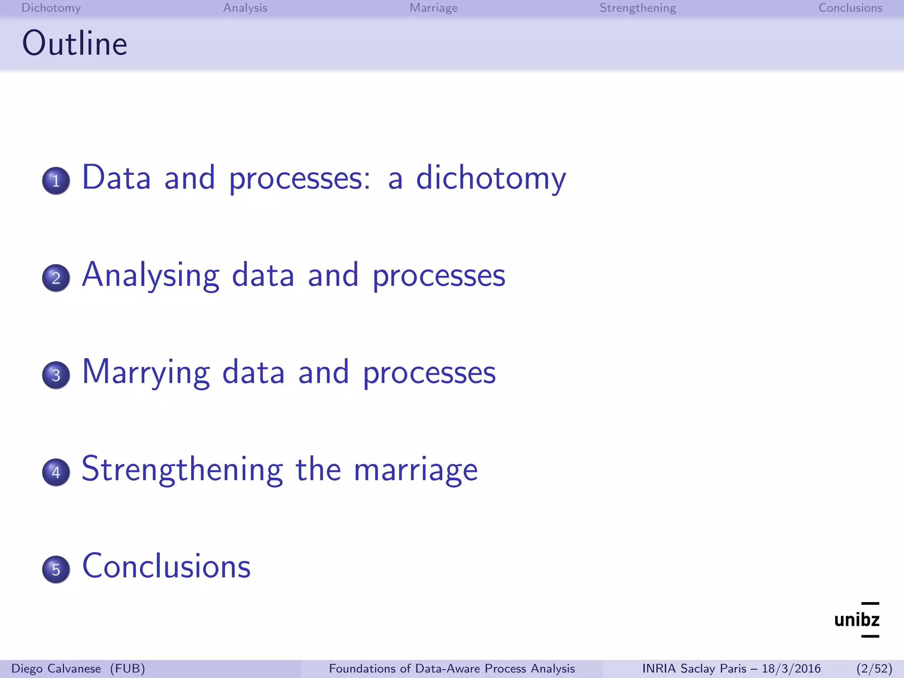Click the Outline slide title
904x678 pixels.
click(75, 44)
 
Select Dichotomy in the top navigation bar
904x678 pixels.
click(51, 8)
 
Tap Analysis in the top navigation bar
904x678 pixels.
click(245, 8)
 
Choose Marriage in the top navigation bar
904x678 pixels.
click(433, 8)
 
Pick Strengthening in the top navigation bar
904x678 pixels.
click(637, 8)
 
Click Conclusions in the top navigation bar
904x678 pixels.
click(850, 8)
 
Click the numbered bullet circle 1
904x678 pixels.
click(56, 181)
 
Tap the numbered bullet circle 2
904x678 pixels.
click(56, 278)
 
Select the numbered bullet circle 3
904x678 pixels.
click(56, 375)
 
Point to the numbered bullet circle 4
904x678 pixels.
click(56, 472)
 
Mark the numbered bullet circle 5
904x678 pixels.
click(56, 569)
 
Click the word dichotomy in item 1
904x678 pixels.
click(490, 178)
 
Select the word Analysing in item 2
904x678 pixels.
click(151, 275)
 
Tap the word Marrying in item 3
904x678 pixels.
click(146, 373)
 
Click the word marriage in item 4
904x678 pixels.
click(415, 470)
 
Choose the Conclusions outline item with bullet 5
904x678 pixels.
click(166, 566)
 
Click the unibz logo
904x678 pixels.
click(857, 620)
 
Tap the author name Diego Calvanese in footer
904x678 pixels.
click(56, 669)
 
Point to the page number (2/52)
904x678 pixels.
click(874, 669)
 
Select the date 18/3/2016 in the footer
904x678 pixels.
click(791, 669)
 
